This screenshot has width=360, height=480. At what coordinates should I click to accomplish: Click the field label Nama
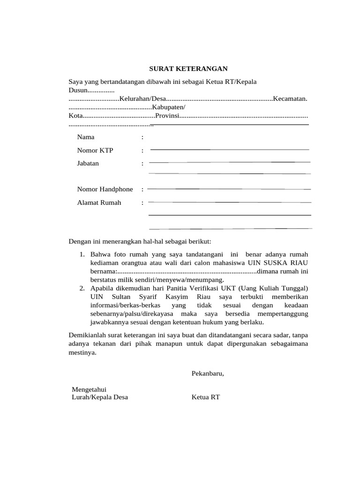click(x=86, y=137)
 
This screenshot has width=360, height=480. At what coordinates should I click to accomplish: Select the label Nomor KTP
click(x=95, y=150)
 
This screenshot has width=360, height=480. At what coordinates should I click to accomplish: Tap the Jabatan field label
click(x=88, y=164)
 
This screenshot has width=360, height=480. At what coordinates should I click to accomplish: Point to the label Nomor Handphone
click(x=105, y=189)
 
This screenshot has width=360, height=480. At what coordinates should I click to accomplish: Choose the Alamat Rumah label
click(x=99, y=202)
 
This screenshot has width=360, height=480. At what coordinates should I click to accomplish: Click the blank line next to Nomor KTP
click(x=230, y=149)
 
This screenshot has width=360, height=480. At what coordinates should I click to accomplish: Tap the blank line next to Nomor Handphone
click(x=230, y=188)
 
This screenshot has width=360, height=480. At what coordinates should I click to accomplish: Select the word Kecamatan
click(x=290, y=98)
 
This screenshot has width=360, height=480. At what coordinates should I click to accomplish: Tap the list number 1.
click(x=82, y=255)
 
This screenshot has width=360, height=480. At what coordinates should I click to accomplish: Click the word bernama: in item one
click(x=103, y=271)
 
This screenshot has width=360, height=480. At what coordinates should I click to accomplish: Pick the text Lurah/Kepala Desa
click(x=99, y=397)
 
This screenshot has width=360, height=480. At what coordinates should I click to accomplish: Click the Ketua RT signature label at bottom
click(x=205, y=397)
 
